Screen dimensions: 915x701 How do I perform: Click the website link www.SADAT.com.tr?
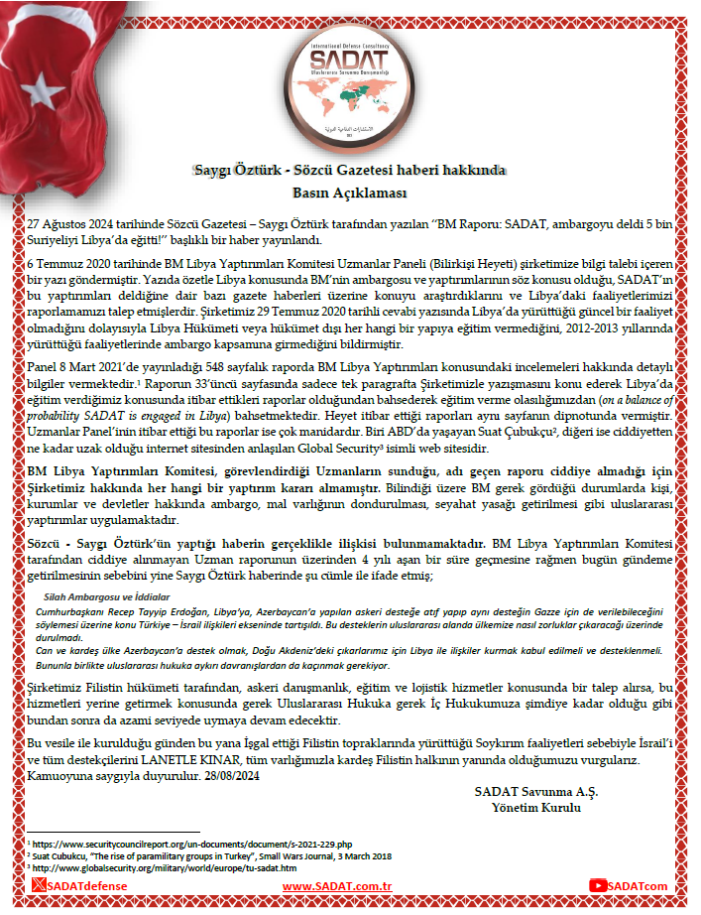334,885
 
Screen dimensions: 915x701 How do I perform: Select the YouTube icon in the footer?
597,885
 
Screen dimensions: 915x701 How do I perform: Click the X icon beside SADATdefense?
39,884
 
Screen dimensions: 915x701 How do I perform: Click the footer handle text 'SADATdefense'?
89,885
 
